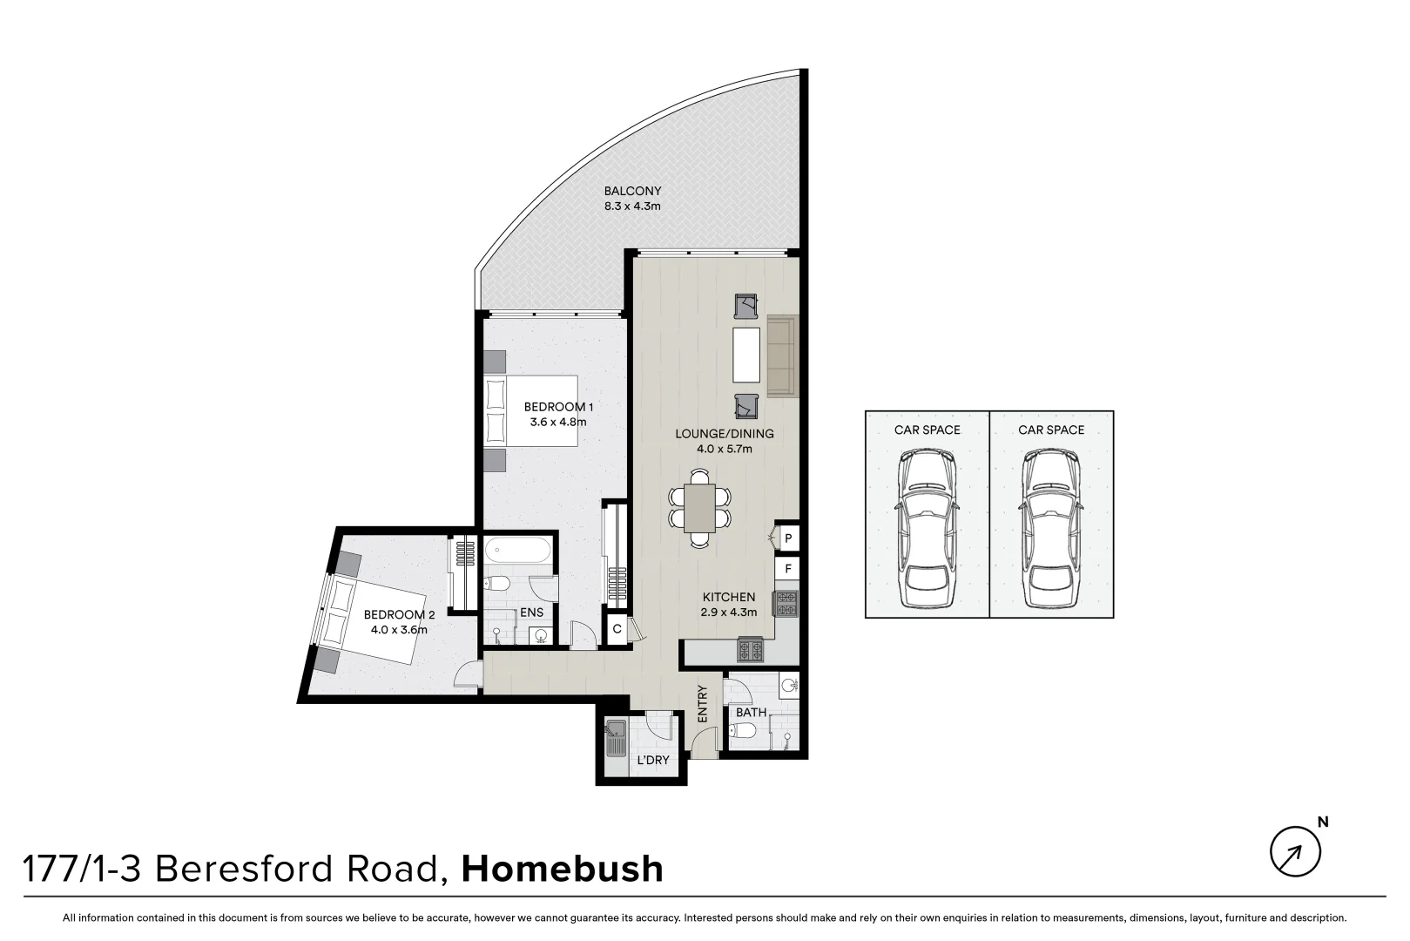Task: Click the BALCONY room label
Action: tap(632, 191)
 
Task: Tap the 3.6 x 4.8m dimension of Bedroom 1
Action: tap(558, 423)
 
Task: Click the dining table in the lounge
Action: tap(699, 508)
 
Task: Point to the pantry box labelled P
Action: tap(787, 539)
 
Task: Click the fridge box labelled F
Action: tap(787, 569)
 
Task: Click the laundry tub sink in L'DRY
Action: tap(616, 740)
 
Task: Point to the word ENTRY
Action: tap(703, 703)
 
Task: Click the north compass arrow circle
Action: tap(1294, 851)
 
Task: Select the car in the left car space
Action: tap(927, 528)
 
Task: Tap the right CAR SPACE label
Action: tap(1051, 430)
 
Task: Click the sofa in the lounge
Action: tap(780, 355)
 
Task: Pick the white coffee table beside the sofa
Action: tap(746, 355)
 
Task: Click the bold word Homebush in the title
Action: tap(562, 869)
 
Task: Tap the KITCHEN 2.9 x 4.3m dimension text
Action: tap(729, 613)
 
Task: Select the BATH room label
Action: tap(751, 712)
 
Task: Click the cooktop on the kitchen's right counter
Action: tap(787, 602)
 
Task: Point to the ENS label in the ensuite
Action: tap(531, 613)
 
